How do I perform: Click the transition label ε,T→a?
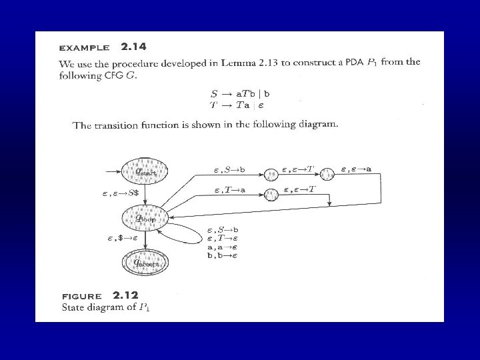coord(231,190)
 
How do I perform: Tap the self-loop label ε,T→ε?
coord(223,239)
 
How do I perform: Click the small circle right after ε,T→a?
coord(271,195)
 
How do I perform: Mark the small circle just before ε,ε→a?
coord(326,175)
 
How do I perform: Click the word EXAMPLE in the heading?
coord(85,48)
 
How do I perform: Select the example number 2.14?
coord(134,47)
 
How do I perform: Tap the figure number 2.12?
coord(126,295)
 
